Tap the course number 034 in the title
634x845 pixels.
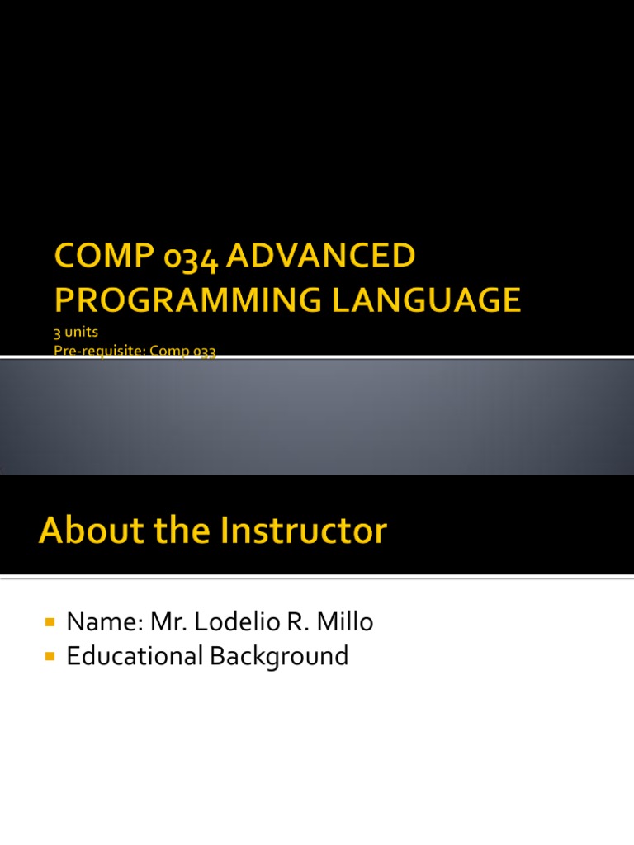[x=190, y=257]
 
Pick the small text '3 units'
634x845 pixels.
[x=77, y=333]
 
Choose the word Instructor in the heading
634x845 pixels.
[x=303, y=531]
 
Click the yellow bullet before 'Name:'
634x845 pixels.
[x=49, y=621]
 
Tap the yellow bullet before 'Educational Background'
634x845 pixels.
[x=49, y=656]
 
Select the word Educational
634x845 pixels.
[x=135, y=657]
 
